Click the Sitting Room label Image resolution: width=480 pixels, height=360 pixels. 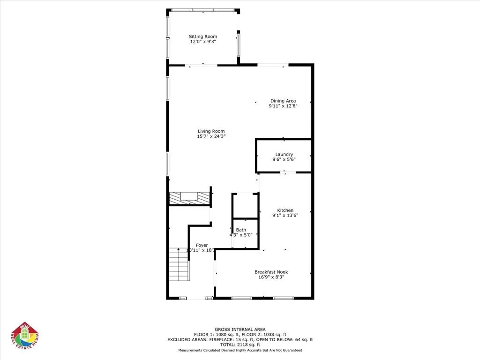pos(203,37)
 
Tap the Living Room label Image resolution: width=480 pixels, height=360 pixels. pos(211,131)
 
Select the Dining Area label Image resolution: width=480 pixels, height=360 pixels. pos(283,101)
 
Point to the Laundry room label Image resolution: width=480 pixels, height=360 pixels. pos(284,154)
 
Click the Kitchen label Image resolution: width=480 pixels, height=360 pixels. pos(285,210)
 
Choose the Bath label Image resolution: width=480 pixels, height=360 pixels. pos(241,230)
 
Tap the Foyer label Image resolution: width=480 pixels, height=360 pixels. pos(202,245)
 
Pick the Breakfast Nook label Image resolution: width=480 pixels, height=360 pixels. pos(271,272)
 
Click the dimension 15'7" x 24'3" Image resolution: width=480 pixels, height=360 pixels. pos(211,136)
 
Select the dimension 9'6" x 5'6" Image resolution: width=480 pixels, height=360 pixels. pos(284,159)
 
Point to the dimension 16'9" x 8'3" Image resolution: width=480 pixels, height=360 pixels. pos(271,277)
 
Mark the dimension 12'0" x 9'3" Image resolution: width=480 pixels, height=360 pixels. pos(203,42)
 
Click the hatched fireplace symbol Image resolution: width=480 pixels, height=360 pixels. pos(189,198)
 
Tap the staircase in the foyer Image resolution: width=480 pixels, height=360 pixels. pos(179,265)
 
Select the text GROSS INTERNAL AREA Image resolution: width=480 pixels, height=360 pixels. pos(240,329)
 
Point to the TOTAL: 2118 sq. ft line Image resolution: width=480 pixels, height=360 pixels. pos(240,345)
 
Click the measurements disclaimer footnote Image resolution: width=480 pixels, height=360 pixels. pos(240,350)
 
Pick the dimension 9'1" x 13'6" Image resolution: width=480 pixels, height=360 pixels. pos(285,216)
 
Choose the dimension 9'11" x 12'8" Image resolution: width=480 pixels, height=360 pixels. pos(283,106)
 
